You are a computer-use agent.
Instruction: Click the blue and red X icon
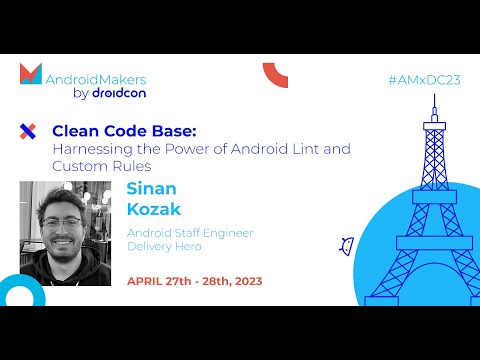28,130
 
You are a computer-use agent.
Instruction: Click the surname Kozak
151,208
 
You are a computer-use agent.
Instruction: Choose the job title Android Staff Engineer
190,233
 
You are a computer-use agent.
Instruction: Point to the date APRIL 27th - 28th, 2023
195,281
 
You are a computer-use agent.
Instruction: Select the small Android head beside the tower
347,244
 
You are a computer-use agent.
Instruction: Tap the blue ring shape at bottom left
19,291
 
